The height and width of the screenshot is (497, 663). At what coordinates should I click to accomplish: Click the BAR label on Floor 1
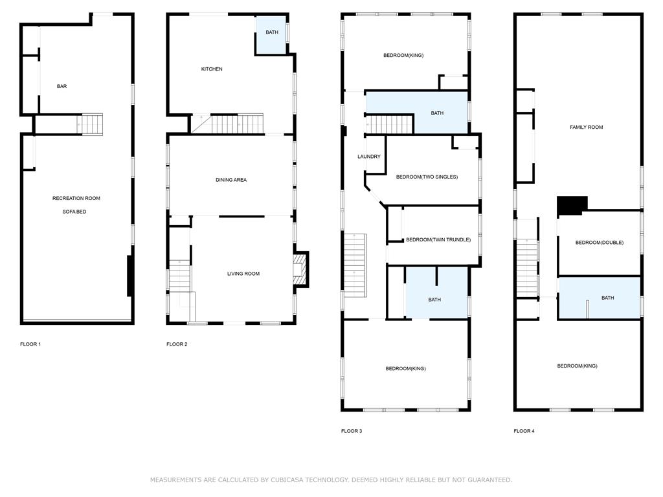tap(62, 86)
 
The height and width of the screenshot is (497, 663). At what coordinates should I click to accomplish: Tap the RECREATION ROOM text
tap(76, 198)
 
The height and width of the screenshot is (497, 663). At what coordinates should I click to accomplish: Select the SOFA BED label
tap(74, 212)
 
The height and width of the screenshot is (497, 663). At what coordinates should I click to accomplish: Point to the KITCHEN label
tap(212, 69)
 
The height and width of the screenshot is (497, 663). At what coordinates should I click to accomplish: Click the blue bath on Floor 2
tap(271, 36)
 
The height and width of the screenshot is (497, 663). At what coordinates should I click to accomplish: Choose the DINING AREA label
tap(231, 180)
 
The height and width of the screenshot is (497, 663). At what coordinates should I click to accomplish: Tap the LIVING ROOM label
tap(243, 274)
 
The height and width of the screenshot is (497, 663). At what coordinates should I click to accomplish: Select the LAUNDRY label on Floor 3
tap(368, 157)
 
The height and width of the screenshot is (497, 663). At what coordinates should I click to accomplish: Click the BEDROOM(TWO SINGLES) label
tap(427, 177)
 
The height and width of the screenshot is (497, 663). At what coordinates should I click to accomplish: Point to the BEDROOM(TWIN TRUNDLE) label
tap(438, 240)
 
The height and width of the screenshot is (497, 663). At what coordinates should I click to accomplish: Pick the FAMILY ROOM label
tap(586, 127)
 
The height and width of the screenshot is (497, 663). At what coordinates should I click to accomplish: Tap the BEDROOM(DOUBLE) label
tap(599, 243)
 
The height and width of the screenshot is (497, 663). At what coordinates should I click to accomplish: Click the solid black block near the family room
tap(572, 205)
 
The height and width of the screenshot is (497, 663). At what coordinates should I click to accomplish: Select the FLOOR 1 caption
tap(30, 344)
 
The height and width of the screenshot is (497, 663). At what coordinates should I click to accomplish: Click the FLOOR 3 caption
tap(352, 431)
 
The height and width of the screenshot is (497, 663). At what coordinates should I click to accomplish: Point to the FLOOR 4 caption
tap(524, 431)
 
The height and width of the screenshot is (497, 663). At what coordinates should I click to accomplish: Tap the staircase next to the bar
tap(89, 124)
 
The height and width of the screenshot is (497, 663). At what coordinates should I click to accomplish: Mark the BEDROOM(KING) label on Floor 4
tap(577, 366)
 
